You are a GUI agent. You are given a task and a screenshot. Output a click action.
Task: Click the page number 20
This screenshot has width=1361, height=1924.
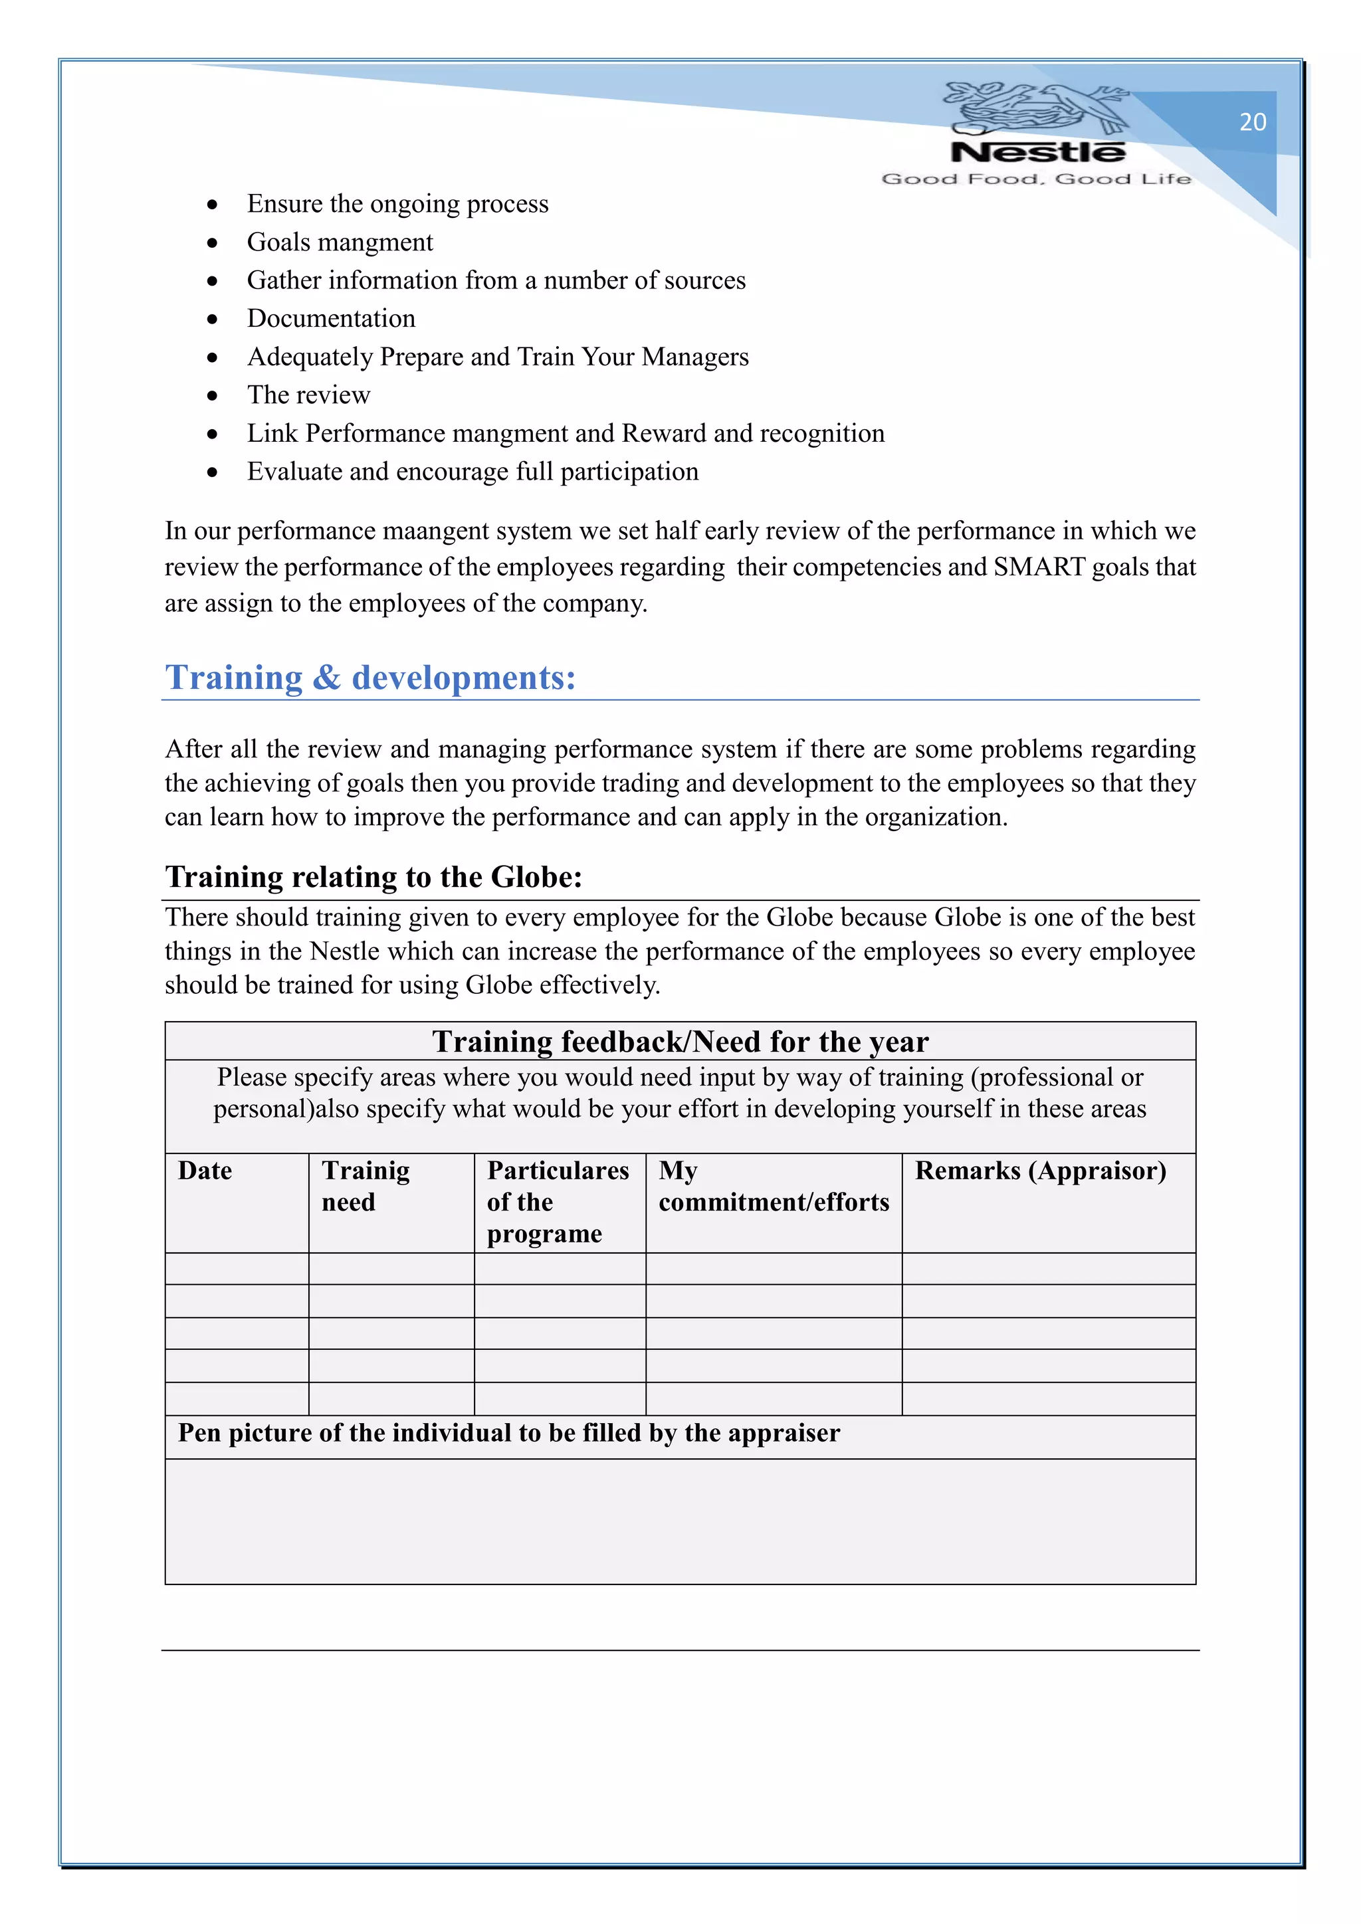(x=1252, y=122)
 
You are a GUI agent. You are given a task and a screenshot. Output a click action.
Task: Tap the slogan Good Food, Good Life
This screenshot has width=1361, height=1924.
(x=1036, y=179)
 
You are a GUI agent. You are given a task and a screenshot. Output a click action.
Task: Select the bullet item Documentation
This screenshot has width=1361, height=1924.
(x=331, y=318)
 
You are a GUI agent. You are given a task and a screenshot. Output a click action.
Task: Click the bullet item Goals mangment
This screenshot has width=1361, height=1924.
(x=340, y=242)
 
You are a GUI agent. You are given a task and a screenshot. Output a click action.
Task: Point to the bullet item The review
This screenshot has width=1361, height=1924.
(x=308, y=395)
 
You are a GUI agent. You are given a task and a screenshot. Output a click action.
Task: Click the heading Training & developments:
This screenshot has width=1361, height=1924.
(x=370, y=677)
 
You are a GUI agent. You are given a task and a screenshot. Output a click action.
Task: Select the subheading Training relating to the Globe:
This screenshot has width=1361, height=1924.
(x=373, y=876)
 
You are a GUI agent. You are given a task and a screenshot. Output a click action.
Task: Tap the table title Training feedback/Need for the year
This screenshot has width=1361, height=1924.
(x=680, y=1042)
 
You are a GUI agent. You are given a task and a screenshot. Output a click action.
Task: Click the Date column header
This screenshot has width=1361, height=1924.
(x=205, y=1171)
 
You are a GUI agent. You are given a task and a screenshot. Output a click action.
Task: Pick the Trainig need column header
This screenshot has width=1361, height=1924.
(x=366, y=1186)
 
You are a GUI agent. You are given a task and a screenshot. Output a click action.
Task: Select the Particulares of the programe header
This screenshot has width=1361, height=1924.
(x=558, y=1202)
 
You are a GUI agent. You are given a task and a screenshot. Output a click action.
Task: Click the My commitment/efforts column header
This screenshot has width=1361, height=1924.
(x=773, y=1186)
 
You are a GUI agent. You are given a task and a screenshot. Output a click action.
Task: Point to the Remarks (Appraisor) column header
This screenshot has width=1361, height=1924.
(x=1040, y=1171)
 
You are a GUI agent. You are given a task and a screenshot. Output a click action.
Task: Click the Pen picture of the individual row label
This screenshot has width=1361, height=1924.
(x=508, y=1433)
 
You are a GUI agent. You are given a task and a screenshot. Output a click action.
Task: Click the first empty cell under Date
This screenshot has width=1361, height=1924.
(x=237, y=1269)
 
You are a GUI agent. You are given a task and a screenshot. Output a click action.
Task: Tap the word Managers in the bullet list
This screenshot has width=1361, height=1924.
(x=694, y=357)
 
